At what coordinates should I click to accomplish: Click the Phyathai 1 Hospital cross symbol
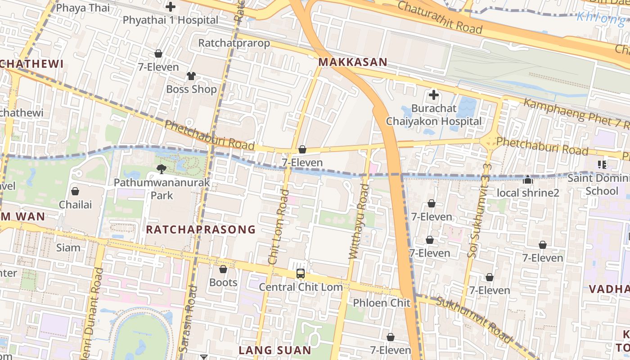tap(171, 7)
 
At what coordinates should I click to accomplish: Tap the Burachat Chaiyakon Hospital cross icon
tap(433, 95)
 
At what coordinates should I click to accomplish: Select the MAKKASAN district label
tap(353, 63)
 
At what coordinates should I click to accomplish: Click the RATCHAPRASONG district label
tap(201, 230)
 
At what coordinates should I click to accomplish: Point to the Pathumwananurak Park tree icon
tap(161, 169)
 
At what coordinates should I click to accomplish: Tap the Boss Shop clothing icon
tap(191, 76)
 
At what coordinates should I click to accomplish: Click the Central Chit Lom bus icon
tap(300, 273)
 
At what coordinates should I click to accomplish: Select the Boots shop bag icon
tap(223, 269)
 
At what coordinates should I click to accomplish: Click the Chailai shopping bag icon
tap(75, 191)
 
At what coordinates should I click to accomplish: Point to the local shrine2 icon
tap(528, 180)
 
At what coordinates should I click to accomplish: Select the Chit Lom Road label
tap(279, 227)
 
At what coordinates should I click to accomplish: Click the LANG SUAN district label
tap(274, 350)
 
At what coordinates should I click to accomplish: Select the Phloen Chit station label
tap(382, 303)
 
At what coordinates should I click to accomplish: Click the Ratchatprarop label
tap(234, 43)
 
